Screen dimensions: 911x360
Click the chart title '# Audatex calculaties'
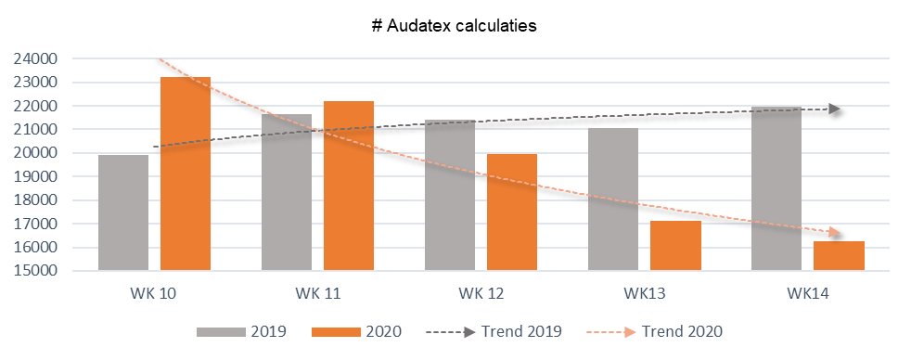click(x=454, y=26)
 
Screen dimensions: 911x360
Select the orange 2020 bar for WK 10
click(x=186, y=174)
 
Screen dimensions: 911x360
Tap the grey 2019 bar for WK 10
click(x=123, y=212)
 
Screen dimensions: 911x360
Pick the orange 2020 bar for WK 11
click(x=349, y=186)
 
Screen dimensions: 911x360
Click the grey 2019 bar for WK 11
click(x=287, y=192)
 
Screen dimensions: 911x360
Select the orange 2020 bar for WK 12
click(x=512, y=212)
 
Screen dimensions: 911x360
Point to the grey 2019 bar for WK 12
click(x=450, y=195)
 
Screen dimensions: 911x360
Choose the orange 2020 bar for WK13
click(x=675, y=246)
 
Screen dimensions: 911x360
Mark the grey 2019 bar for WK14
click(x=776, y=188)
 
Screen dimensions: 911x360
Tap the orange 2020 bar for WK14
click(x=839, y=255)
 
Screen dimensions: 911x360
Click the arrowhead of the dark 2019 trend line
click(x=834, y=109)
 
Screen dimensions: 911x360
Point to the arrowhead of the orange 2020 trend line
click(x=834, y=233)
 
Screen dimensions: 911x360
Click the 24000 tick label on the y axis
click(x=36, y=59)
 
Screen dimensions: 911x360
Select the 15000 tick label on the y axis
click(x=36, y=271)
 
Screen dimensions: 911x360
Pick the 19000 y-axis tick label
click(x=36, y=177)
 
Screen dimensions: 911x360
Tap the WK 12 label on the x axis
click(x=481, y=294)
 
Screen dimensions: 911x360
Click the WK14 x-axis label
click(x=808, y=294)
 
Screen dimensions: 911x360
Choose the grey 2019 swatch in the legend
click(x=221, y=332)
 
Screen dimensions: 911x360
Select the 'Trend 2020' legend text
click(x=682, y=331)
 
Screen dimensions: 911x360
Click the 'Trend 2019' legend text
click(x=521, y=331)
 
